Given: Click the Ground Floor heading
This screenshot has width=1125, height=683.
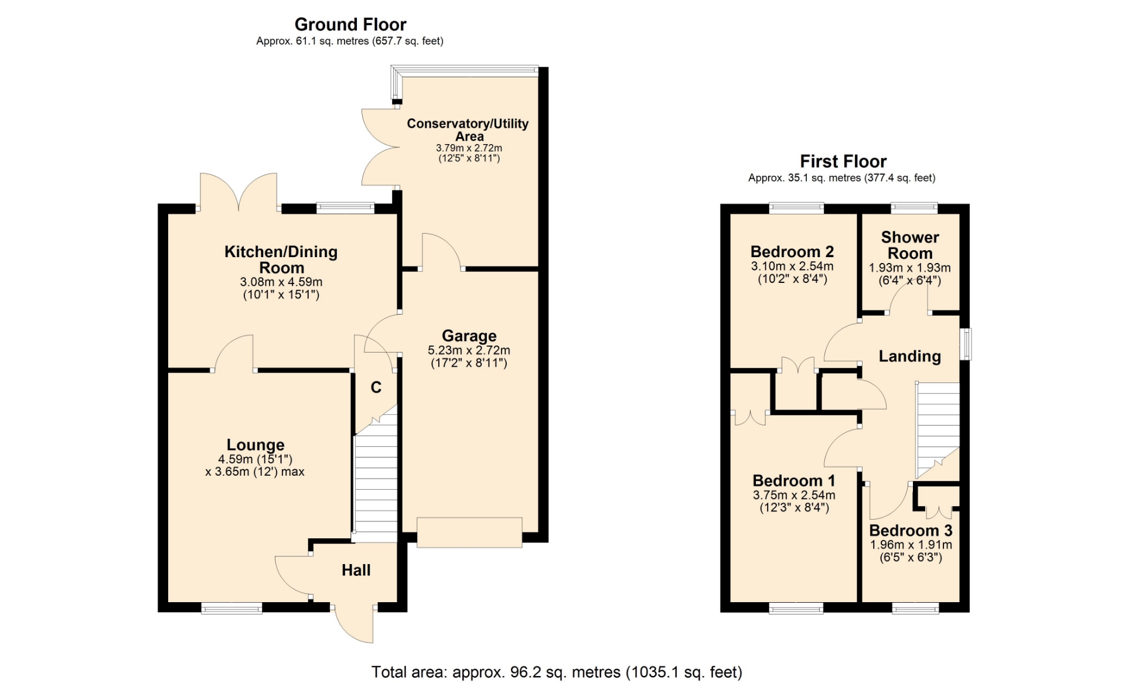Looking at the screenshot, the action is click(x=350, y=25).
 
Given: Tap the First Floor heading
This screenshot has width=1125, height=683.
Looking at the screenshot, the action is click(x=843, y=161).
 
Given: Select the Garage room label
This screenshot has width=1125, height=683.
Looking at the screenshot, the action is click(x=469, y=336).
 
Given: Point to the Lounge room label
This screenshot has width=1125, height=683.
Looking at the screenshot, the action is click(x=255, y=445).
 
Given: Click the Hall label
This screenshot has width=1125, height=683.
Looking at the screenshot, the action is click(x=356, y=570).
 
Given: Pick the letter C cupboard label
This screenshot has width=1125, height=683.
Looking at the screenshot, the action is click(x=376, y=387).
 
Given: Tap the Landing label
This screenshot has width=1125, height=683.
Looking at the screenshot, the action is click(x=910, y=356).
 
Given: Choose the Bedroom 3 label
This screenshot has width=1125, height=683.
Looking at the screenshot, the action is click(x=911, y=530).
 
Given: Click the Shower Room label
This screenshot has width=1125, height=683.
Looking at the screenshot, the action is click(x=910, y=245).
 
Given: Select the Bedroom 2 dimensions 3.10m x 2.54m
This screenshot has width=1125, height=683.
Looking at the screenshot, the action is click(x=792, y=266).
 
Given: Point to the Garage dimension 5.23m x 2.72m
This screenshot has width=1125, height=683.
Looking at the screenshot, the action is click(x=469, y=350).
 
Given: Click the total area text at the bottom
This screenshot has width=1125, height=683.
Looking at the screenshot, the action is click(x=557, y=672).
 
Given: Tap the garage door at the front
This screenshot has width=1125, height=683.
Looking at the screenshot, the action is click(x=469, y=532).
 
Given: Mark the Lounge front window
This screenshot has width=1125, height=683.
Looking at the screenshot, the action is click(x=231, y=609).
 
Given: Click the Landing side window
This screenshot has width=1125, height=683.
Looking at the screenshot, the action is click(x=965, y=344).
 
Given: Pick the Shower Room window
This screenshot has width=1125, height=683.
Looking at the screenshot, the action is click(x=914, y=207).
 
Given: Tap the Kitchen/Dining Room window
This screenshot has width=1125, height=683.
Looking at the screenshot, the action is click(x=345, y=207).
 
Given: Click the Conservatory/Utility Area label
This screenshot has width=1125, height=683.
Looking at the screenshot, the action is click(x=468, y=129).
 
